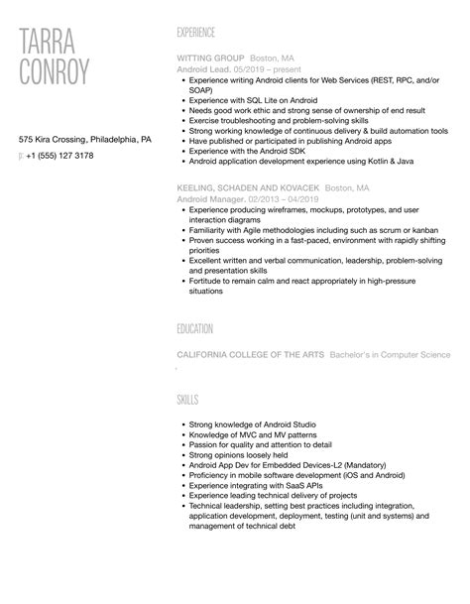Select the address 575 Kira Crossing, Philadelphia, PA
[x=86, y=140]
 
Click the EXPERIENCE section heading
[x=195, y=33]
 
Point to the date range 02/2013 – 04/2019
[x=280, y=197]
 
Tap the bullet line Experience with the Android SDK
[x=248, y=151]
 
